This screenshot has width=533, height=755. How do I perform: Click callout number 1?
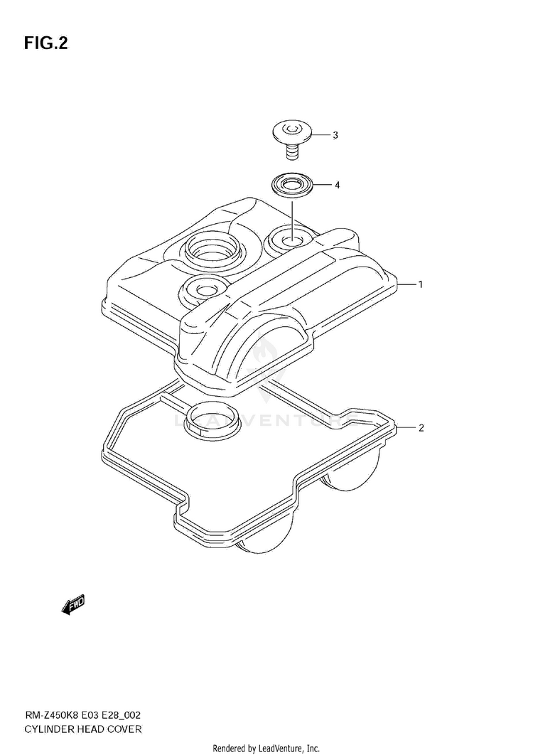(420, 284)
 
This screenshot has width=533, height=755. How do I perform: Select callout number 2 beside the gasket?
(421, 428)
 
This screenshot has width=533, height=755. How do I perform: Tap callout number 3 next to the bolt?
(335, 135)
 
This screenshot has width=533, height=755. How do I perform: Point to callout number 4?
(337, 186)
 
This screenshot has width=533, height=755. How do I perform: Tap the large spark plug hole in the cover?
(211, 250)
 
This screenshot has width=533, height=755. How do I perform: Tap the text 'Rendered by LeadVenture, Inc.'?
(266, 749)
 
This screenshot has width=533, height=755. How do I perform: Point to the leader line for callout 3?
(321, 135)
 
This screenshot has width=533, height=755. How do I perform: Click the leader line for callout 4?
(323, 186)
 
